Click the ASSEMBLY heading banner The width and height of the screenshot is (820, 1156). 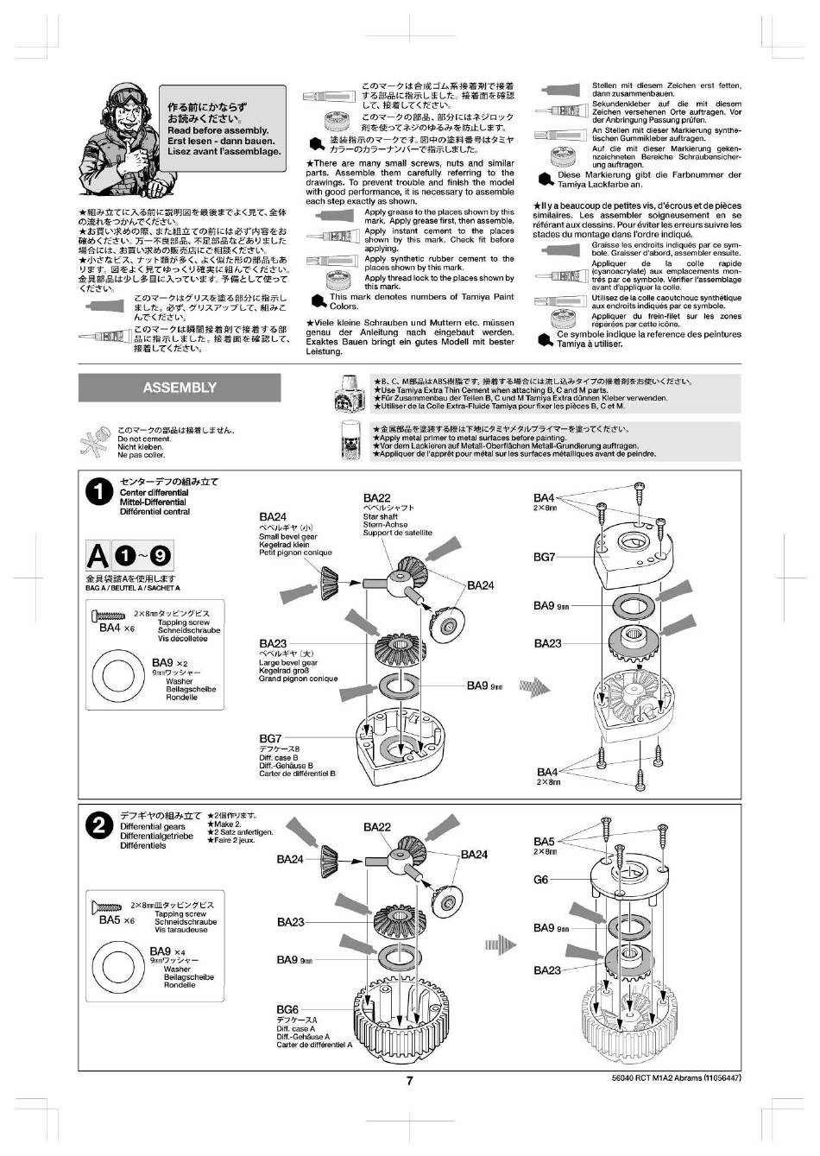pyautogui.click(x=180, y=388)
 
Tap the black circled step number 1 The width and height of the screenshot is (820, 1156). pyautogui.click(x=100, y=491)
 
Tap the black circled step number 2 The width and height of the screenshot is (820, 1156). pyautogui.click(x=101, y=825)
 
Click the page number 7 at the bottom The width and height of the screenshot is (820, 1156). pyautogui.click(x=411, y=1079)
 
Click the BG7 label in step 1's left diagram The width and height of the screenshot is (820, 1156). pyautogui.click(x=270, y=739)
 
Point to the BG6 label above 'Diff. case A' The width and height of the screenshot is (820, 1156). pyautogui.click(x=287, y=1009)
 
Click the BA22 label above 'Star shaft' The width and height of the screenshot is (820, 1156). pyautogui.click(x=377, y=498)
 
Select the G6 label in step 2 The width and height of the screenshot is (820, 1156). pyautogui.click(x=541, y=880)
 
